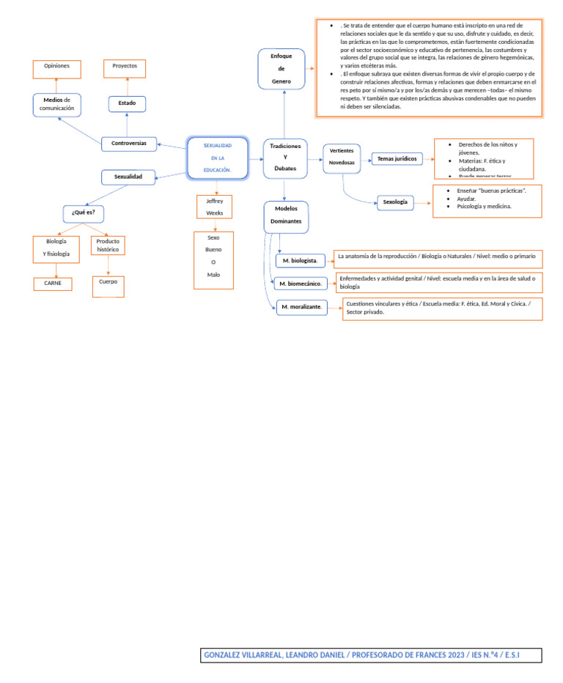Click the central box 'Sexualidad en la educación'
pyautogui.click(x=217, y=158)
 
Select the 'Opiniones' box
pyautogui.click(x=57, y=69)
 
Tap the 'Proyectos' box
pyautogui.click(x=125, y=68)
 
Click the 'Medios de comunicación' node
pyautogui.click(x=57, y=104)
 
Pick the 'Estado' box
pyautogui.click(x=128, y=104)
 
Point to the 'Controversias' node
pyautogui.click(x=129, y=144)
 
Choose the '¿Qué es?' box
pyautogui.click(x=84, y=213)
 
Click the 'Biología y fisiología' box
pyautogui.click(x=56, y=248)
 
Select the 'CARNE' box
pyautogui.click(x=53, y=284)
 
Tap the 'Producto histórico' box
pyautogui.click(x=108, y=245)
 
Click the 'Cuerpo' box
pyautogui.click(x=108, y=286)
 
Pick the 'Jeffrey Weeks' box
pyautogui.click(x=215, y=207)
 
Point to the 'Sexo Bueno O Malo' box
pyautogui.click(x=213, y=256)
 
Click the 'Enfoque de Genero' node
pyautogui.click(x=281, y=69)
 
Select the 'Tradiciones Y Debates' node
pyautogui.click(x=285, y=158)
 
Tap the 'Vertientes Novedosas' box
pyautogui.click(x=342, y=157)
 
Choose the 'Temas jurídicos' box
pyautogui.click(x=397, y=158)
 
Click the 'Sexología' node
pyautogui.click(x=396, y=202)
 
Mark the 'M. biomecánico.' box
pyautogui.click(x=301, y=284)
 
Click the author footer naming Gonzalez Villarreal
pyautogui.click(x=371, y=655)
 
